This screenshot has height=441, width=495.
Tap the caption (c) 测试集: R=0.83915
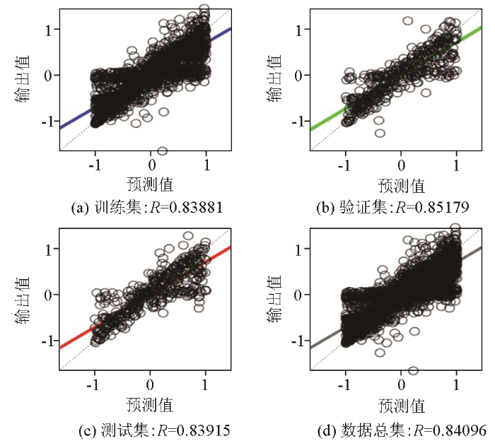tap(151, 429)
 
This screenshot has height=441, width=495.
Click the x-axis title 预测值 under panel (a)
tap(150, 185)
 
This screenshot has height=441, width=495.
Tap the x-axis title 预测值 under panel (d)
tap(401, 406)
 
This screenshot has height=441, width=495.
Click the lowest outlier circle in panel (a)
tap(162, 151)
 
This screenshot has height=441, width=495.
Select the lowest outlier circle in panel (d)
tap(413, 370)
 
